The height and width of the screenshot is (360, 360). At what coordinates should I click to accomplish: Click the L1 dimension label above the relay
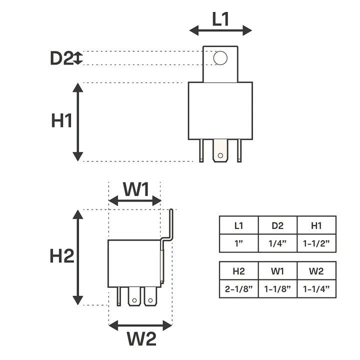click(x=220, y=18)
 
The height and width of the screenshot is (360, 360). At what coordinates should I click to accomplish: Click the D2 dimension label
click(x=61, y=58)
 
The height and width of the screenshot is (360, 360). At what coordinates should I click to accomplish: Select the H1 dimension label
click(x=62, y=121)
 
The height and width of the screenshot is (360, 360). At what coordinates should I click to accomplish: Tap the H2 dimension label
click(x=62, y=256)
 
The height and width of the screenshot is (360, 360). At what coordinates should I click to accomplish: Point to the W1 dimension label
click(x=136, y=189)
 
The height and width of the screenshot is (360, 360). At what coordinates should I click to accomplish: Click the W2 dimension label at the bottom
click(x=141, y=339)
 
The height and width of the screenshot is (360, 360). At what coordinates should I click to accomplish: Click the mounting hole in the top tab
click(x=220, y=58)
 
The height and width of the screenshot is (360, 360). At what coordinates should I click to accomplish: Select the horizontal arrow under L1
click(x=220, y=31)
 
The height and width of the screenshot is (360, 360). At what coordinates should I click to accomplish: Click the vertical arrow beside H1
click(x=77, y=122)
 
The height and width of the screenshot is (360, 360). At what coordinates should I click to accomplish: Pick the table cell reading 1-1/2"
click(x=316, y=243)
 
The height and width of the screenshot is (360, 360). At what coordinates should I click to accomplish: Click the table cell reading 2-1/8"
click(x=238, y=288)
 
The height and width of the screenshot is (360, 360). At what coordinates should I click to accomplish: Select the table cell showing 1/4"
click(x=277, y=243)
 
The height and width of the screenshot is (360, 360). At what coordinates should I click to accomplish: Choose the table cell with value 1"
click(x=238, y=243)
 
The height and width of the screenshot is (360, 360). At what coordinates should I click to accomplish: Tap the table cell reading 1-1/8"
click(x=277, y=288)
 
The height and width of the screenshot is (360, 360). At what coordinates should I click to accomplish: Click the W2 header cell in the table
click(x=316, y=271)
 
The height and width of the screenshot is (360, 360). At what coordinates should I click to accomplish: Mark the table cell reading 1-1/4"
click(x=316, y=288)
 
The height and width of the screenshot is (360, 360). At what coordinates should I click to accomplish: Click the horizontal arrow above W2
click(x=140, y=325)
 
